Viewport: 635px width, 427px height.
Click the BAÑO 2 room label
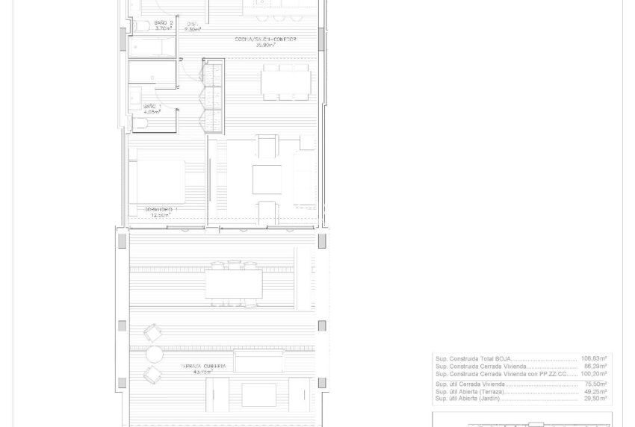coord(164,24)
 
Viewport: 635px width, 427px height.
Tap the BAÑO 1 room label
coord(152,107)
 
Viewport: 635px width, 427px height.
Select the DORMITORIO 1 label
coord(158,210)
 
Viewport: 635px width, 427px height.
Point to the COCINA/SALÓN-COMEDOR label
coord(265,40)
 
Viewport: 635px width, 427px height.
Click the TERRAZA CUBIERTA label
coord(202,367)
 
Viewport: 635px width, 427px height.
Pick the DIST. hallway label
coord(192,24)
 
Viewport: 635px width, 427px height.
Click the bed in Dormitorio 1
coord(157,181)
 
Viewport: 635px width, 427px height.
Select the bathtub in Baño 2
coord(152,47)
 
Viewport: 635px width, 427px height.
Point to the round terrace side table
coord(155,354)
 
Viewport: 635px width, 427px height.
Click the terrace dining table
coord(234,284)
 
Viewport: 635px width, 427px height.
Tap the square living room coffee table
coord(267,179)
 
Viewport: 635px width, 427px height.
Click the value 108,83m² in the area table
coord(595,359)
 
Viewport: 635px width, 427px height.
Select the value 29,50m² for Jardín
coord(595,399)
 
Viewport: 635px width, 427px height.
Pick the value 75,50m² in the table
coord(595,384)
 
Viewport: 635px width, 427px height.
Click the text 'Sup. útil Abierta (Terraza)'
coord(470,392)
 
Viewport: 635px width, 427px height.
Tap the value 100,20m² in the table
coord(595,374)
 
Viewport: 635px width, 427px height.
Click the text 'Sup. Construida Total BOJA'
coord(474,359)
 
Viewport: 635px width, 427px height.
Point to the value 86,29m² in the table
coord(595,367)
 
